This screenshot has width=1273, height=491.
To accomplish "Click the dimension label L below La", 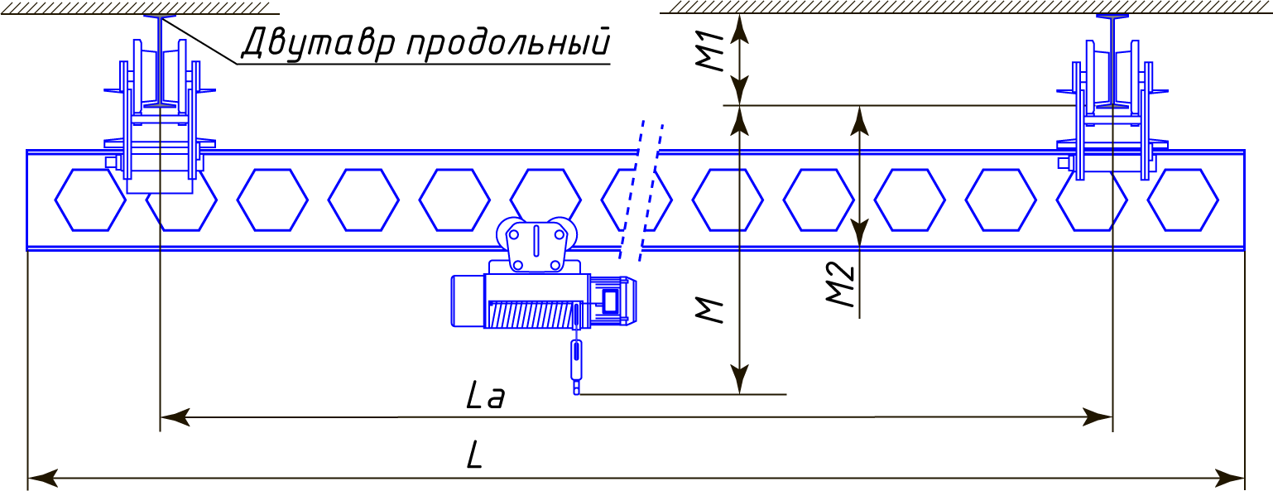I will click(474, 456).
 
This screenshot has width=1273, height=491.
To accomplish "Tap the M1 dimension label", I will click(710, 53).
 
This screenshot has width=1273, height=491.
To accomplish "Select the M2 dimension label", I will click(842, 284).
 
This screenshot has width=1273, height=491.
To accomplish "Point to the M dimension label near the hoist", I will click(710, 310).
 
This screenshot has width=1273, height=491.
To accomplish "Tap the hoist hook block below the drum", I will click(576, 360).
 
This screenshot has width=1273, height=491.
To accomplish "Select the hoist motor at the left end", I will click(467, 300).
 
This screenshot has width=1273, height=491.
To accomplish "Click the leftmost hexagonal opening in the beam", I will click(90, 200).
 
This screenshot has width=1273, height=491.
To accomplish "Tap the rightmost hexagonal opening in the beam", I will click(1182, 200).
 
